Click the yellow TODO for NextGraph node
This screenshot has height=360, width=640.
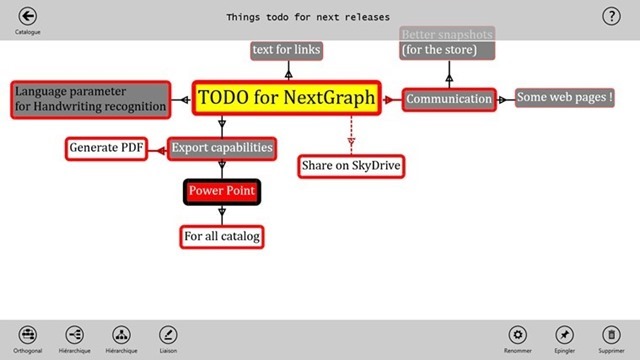287,98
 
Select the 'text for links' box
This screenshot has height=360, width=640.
288,50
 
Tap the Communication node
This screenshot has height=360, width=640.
449,99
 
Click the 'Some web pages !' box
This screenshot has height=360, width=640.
564,97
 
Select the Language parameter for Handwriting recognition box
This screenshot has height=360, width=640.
89,98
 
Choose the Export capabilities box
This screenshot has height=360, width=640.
221,149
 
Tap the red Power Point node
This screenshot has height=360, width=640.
221,190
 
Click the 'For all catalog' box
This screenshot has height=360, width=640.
221,237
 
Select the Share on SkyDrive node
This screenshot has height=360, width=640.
351,165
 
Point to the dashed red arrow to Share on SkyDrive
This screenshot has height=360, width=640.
351,131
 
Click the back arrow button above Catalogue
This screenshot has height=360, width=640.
28,16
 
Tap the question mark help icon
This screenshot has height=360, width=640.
611,16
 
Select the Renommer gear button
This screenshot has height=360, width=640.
517,334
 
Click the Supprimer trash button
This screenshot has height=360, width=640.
611,334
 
